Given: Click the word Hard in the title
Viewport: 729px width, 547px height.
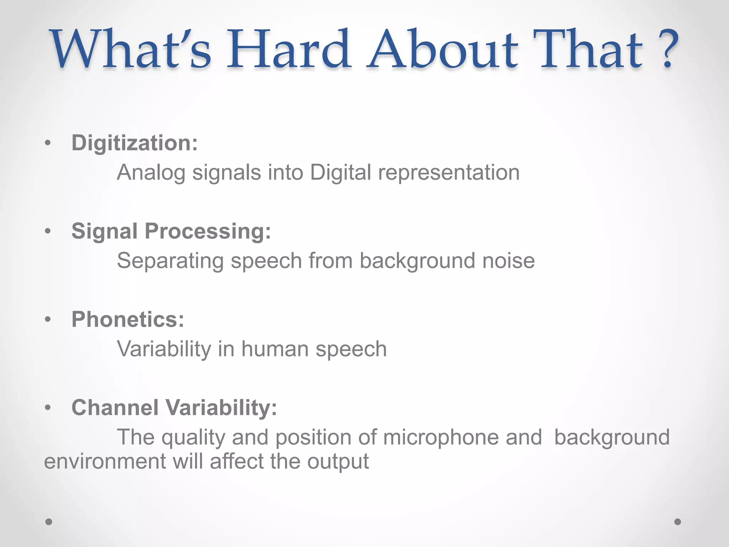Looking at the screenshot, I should click(x=288, y=50).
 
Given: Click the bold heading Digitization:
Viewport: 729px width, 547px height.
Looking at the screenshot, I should click(x=135, y=143).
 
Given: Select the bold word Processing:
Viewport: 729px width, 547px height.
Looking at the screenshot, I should click(x=208, y=232).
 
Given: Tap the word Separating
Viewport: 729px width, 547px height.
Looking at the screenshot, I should click(x=170, y=261).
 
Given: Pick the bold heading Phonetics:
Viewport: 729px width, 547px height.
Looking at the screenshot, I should click(x=128, y=319).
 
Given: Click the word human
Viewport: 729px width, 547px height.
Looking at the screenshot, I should click(x=275, y=349).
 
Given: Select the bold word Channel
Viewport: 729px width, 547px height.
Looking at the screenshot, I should click(x=115, y=408).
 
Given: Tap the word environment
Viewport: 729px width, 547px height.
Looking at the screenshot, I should click(x=105, y=462).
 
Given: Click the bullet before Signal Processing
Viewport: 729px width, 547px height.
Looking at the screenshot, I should click(x=48, y=231).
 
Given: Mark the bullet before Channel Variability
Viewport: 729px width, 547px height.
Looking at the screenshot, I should click(x=48, y=407).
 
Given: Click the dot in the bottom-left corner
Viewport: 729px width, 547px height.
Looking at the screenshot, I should click(x=49, y=522).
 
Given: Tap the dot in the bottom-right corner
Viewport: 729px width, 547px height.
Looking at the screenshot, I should click(x=678, y=522).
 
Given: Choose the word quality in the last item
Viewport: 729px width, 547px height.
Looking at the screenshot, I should click(x=193, y=438).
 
